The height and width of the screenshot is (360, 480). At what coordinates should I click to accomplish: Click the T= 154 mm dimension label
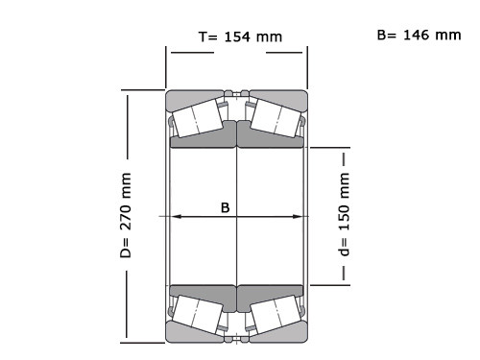(240, 36)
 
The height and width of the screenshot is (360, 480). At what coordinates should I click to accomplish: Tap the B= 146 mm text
(419, 35)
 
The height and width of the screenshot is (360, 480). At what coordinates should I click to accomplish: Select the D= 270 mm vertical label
(126, 215)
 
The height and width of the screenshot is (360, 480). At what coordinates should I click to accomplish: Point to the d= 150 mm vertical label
(344, 214)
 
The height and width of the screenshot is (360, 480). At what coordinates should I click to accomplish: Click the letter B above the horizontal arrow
(226, 207)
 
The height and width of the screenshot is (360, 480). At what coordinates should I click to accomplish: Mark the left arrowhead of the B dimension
(176, 217)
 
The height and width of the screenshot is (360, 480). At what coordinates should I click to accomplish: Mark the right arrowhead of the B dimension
(297, 217)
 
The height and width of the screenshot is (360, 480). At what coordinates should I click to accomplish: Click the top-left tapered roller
(198, 118)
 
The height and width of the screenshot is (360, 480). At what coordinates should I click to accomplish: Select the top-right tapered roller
(276, 118)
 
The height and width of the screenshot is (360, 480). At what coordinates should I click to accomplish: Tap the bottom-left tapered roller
(198, 315)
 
